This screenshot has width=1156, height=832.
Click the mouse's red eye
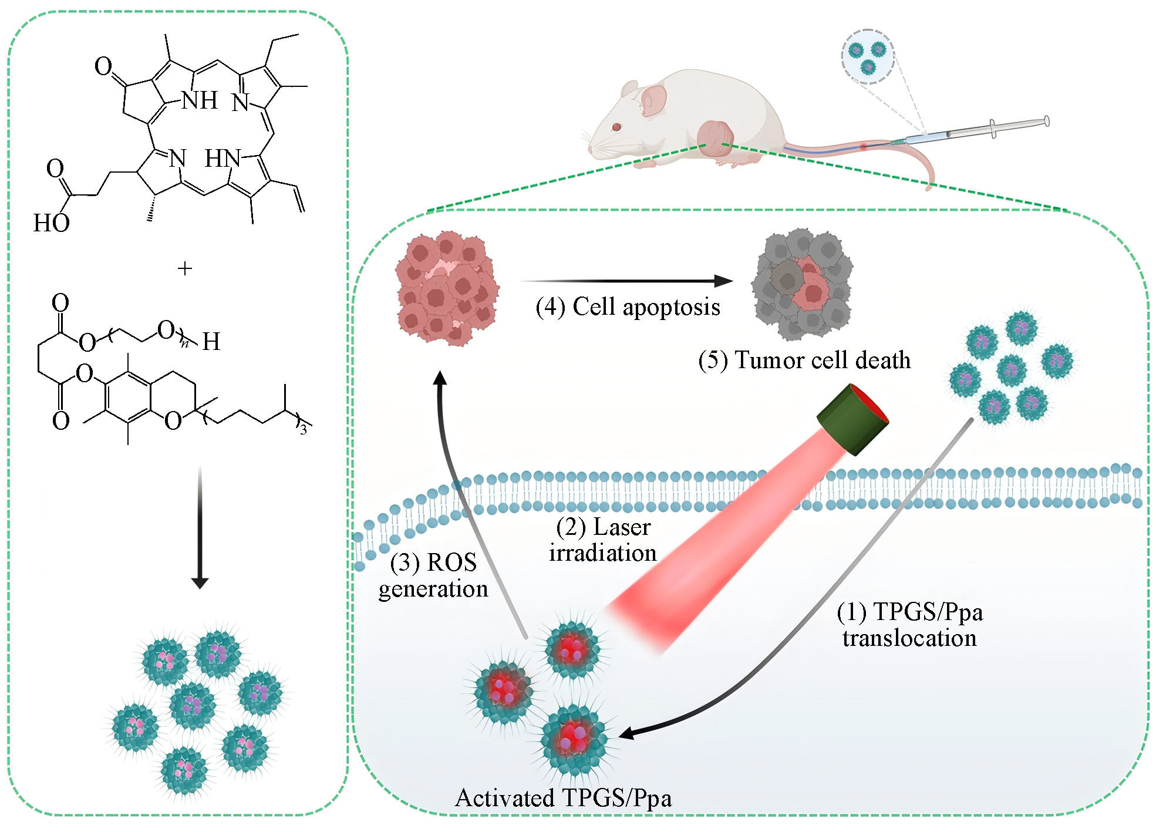616,126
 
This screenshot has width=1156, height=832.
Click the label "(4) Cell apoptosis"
628,307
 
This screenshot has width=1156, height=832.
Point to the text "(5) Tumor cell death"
804,360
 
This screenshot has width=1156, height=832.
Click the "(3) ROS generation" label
433,575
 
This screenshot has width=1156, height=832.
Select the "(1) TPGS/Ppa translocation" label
909,625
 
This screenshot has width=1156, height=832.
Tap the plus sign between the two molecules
185,269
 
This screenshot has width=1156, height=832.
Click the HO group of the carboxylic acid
52,223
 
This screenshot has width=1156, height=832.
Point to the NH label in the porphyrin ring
200,101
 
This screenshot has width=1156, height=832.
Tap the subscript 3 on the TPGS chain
304,430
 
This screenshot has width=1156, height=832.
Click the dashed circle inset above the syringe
868,56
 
